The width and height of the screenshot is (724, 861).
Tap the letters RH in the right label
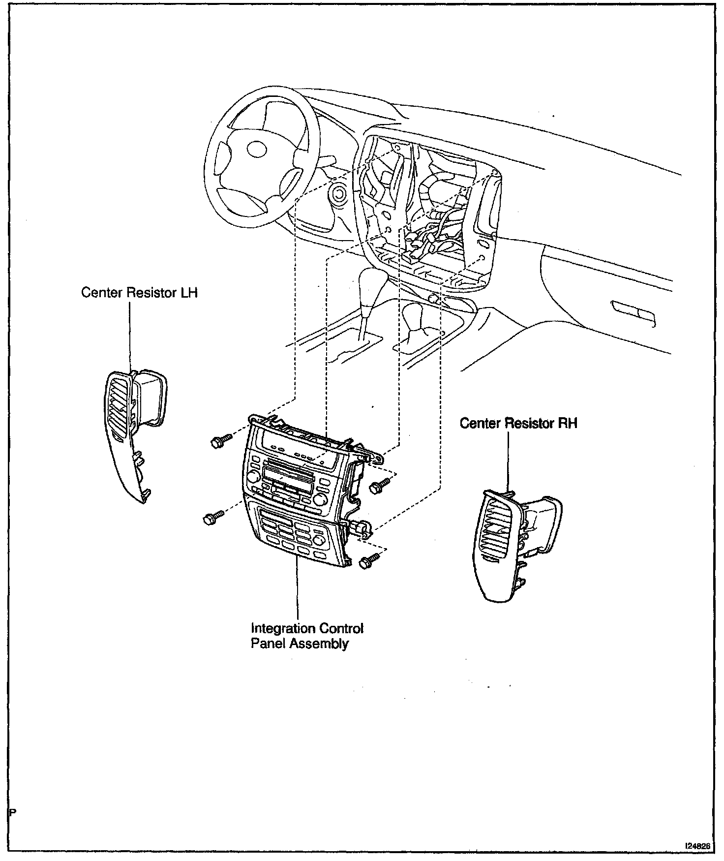click(567, 424)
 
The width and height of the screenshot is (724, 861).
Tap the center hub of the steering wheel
click(257, 149)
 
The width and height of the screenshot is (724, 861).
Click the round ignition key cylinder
click(339, 193)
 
